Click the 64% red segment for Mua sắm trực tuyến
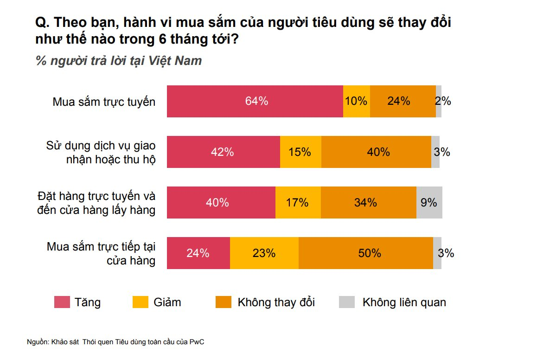point(255,102)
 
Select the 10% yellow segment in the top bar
point(357,102)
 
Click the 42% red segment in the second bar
point(223,152)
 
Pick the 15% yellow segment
point(300,152)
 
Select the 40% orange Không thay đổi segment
point(376,152)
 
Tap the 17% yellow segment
point(298,203)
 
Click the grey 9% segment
point(429,203)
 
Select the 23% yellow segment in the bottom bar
point(264,253)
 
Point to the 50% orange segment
point(366,253)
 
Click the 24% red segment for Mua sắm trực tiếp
point(198,253)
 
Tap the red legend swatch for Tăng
point(62,302)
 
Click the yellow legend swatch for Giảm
point(140,302)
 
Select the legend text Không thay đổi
point(276,302)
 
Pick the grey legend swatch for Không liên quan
point(346,302)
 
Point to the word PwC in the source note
point(198,342)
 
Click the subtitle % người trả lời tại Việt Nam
point(119,61)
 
